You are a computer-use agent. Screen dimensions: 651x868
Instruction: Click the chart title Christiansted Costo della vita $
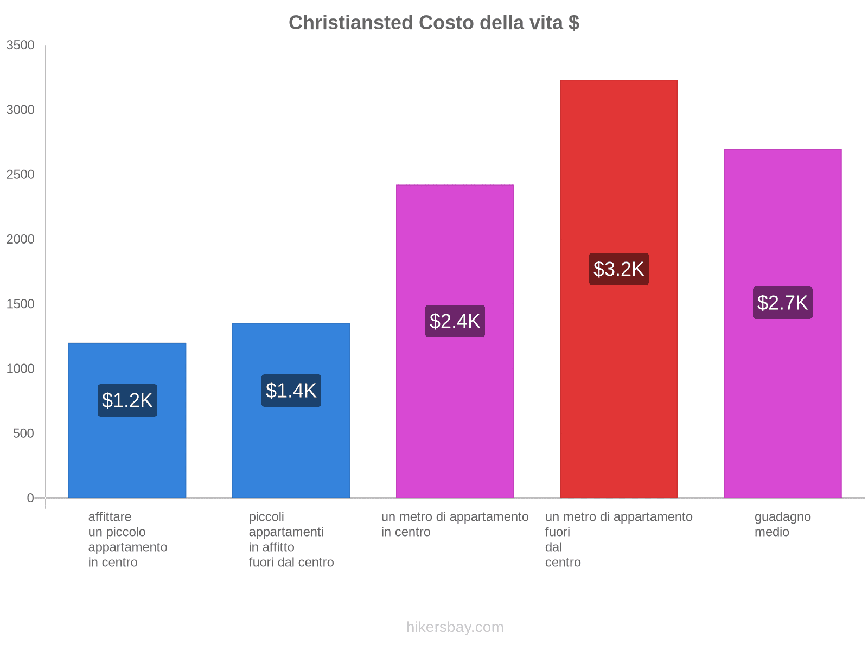point(433,23)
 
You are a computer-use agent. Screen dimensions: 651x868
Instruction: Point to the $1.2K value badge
point(127,400)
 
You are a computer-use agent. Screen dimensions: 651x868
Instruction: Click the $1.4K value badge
point(291,391)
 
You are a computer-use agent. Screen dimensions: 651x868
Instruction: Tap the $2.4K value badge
point(455,321)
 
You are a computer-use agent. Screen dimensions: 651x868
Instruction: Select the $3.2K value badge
point(618,269)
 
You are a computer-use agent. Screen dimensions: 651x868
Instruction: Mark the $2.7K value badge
point(782,303)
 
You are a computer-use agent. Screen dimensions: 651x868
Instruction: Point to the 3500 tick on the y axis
point(21,46)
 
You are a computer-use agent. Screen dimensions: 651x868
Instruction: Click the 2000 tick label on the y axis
point(21,239)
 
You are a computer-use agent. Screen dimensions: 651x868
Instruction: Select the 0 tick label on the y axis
point(30,498)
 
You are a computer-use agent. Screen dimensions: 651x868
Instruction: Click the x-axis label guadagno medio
point(782,525)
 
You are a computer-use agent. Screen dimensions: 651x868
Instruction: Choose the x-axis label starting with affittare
point(127,539)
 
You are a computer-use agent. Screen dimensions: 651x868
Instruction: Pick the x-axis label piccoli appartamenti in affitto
point(291,539)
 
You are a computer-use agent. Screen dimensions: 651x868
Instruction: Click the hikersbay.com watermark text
point(455,627)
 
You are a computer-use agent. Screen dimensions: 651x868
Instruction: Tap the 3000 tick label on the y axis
point(21,110)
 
